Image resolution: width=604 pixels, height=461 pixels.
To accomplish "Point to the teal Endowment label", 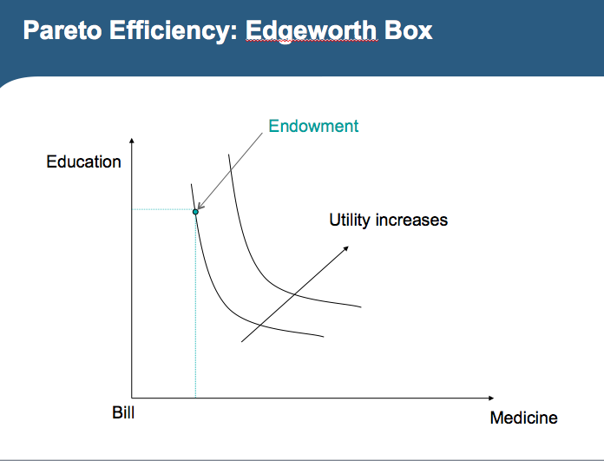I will click(313, 126).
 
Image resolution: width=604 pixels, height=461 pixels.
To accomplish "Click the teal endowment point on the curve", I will click(196, 212).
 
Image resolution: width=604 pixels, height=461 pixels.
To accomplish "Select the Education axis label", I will click(83, 162).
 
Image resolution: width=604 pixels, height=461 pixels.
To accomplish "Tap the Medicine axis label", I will click(523, 418).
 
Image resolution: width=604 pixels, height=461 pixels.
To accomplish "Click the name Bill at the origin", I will click(123, 412).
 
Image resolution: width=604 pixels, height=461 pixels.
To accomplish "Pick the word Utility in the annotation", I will click(349, 220).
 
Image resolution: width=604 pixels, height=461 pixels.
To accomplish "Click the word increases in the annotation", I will click(411, 220).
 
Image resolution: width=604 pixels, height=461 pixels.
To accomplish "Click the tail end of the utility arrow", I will click(241, 341).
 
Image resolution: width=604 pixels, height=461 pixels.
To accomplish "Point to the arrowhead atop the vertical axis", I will click(132, 141).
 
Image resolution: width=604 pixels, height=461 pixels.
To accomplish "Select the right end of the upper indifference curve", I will click(360, 306).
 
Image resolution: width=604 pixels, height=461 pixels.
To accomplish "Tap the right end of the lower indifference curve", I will click(324, 336).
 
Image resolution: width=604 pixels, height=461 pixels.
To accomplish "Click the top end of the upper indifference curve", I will click(228, 155).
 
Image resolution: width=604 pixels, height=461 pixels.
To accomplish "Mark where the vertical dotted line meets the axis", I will click(196, 396).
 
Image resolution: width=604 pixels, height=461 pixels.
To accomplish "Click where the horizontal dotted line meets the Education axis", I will click(132, 209).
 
